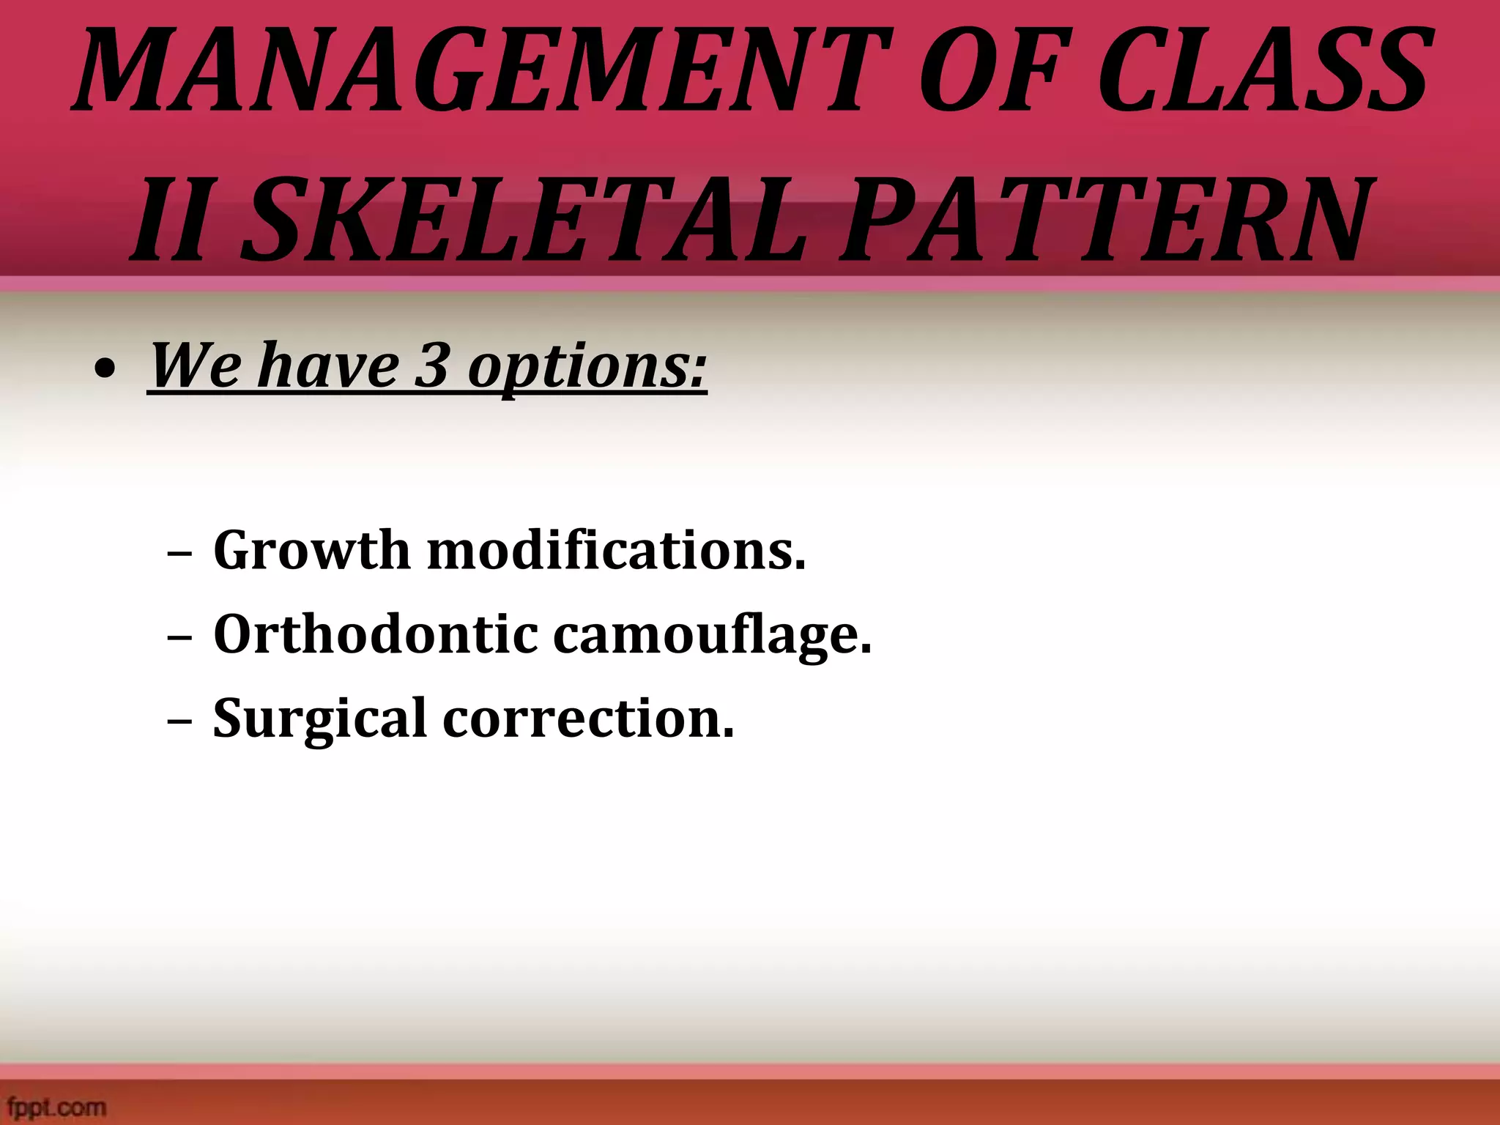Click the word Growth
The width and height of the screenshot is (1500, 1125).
[311, 551]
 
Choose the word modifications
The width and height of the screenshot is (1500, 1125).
[616, 551]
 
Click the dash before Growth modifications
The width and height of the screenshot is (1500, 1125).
[179, 554]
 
